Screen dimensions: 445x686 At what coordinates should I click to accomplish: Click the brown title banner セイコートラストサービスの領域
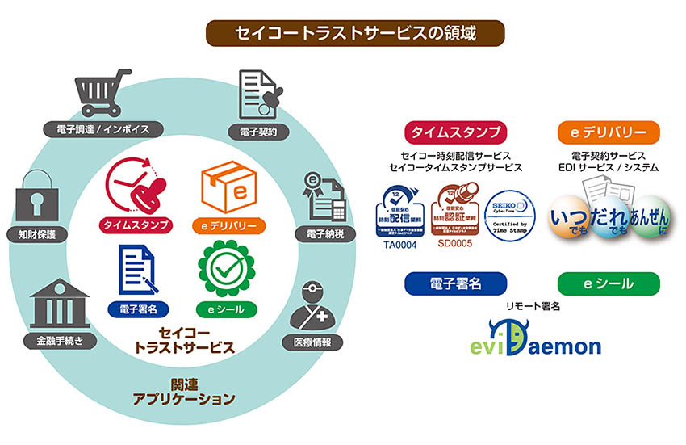355,33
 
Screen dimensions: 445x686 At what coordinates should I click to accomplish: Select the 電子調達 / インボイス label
104,128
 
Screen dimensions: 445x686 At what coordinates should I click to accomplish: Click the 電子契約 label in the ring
259,131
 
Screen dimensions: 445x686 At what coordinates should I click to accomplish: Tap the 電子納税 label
327,234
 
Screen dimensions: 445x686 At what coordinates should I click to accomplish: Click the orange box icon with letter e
226,187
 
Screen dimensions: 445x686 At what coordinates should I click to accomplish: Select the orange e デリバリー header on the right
608,132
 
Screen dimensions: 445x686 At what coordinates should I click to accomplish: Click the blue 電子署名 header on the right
456,284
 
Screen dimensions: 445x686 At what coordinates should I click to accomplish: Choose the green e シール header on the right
608,284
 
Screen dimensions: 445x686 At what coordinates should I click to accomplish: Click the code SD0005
455,244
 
